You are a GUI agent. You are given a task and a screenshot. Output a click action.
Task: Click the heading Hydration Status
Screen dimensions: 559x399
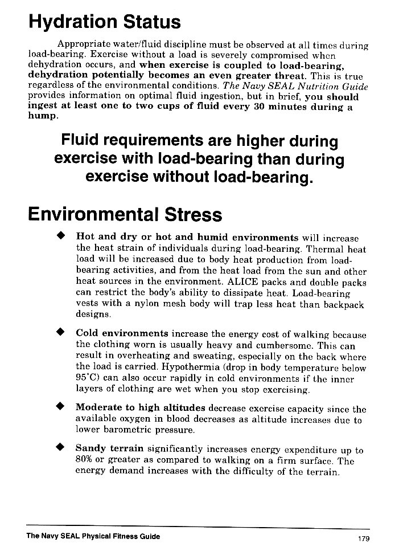pyautogui.click(x=104, y=22)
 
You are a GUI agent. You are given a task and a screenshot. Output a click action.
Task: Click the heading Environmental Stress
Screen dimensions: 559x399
pyautogui.click(x=125, y=215)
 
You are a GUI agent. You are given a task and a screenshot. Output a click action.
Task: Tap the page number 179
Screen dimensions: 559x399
pyautogui.click(x=363, y=538)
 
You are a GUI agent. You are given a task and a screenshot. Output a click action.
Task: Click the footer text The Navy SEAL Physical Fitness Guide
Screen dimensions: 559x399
pyautogui.click(x=93, y=536)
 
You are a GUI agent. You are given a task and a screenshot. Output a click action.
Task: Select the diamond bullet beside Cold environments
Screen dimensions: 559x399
pyautogui.click(x=59, y=333)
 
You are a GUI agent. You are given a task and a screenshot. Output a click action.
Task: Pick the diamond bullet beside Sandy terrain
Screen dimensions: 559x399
pyautogui.click(x=59, y=447)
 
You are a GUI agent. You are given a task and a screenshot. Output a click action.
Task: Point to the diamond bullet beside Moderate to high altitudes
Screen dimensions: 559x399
pyautogui.click(x=59, y=407)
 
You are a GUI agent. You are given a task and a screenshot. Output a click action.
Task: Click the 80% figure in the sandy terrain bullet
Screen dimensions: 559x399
pyautogui.click(x=85, y=460)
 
